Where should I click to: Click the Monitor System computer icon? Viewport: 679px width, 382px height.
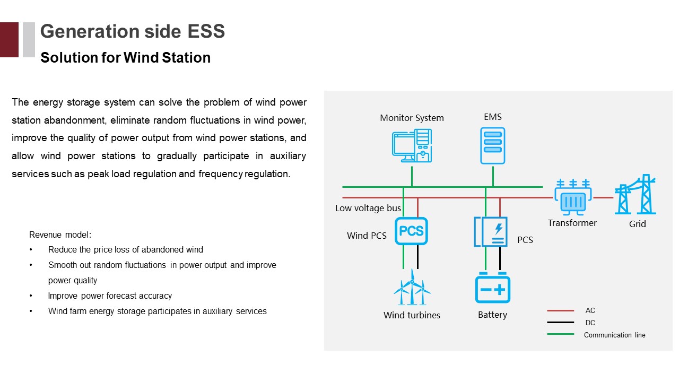[412, 146]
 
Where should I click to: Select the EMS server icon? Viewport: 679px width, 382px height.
[492, 145]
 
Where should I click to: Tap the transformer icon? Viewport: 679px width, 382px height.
[572, 197]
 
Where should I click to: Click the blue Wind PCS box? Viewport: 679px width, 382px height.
[411, 231]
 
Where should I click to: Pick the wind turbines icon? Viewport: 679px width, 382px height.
[412, 288]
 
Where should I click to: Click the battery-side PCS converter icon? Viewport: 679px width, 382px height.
[491, 231]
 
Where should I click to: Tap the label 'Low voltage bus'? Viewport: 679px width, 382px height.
[368, 208]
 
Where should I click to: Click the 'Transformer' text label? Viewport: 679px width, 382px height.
[572, 223]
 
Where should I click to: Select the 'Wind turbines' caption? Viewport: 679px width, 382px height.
[412, 315]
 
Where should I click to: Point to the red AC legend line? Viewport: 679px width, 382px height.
[560, 311]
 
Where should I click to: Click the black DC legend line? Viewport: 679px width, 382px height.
[560, 323]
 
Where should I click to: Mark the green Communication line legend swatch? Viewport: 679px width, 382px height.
[560, 334]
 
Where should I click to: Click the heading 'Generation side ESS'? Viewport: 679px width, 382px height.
[133, 31]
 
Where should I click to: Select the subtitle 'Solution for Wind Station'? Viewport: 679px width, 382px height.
[125, 57]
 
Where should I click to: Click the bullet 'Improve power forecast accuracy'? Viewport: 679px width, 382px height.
[110, 296]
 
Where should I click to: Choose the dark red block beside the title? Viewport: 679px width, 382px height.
[9, 39]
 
